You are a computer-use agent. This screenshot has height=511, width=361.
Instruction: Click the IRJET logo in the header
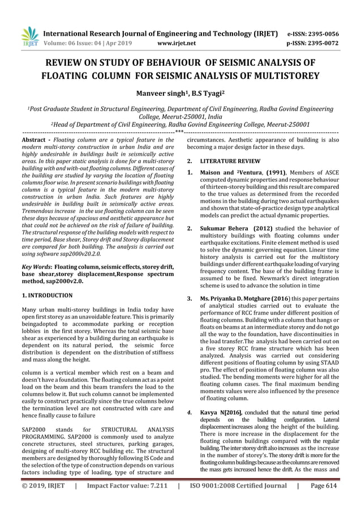[x=29, y=36]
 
